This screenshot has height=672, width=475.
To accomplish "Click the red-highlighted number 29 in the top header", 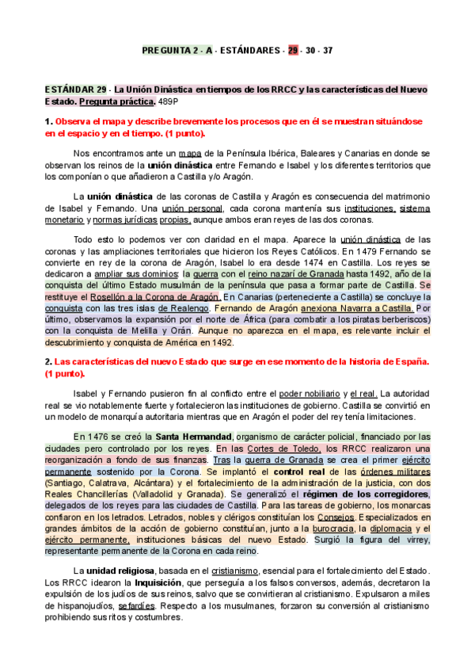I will pos(293,51).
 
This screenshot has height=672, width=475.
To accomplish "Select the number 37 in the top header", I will pos(328,51).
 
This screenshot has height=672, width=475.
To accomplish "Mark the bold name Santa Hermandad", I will pos(194,437).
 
